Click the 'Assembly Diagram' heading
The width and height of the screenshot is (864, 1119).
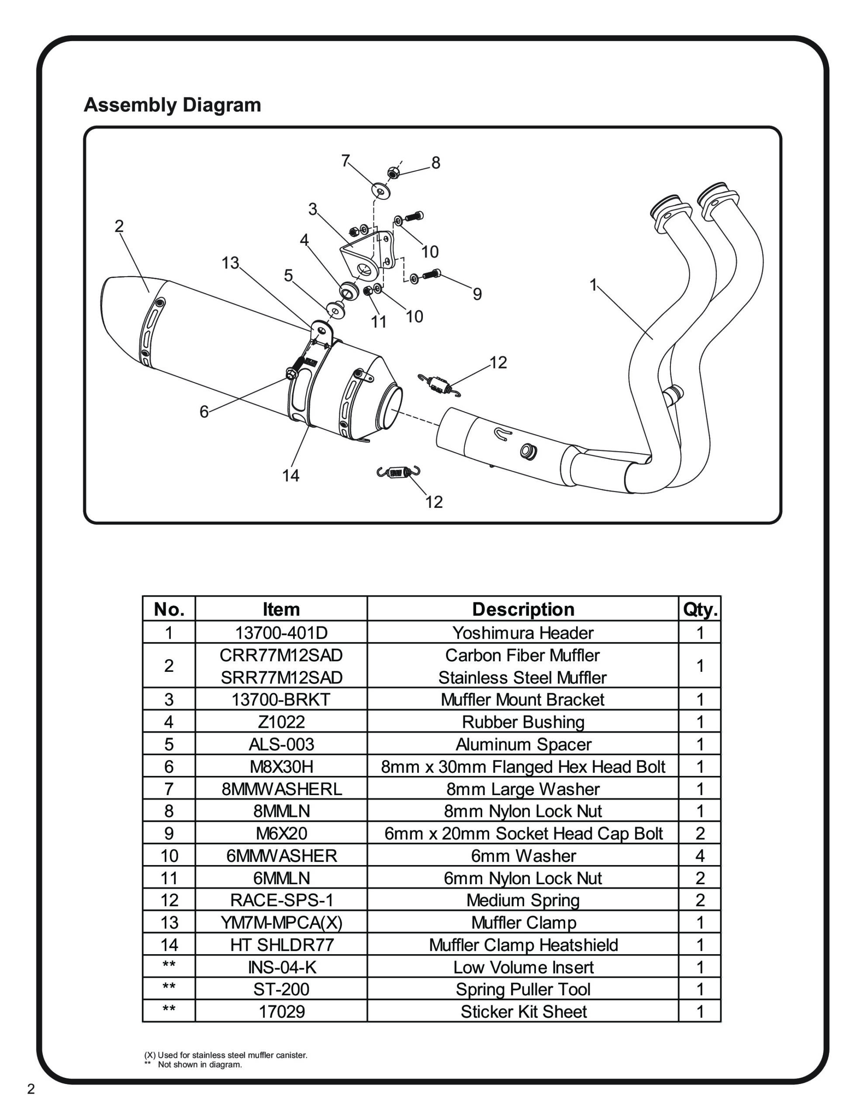point(172,105)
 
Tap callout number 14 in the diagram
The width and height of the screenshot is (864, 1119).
point(290,476)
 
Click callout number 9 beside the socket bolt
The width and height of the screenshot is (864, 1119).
point(477,294)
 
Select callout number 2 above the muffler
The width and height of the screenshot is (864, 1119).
point(119,226)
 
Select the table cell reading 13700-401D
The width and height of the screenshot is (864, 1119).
point(281,633)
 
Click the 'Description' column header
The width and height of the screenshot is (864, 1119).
point(523,609)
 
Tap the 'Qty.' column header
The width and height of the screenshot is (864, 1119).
point(700,609)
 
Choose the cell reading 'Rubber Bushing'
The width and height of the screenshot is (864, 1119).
point(523,722)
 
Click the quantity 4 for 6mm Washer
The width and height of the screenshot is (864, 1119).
point(700,856)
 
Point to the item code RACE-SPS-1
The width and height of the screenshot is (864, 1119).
point(281,900)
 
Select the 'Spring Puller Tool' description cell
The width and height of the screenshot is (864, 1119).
point(523,989)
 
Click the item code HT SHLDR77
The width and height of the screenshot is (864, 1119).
point(281,945)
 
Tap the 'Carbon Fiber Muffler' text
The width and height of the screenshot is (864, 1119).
point(523,655)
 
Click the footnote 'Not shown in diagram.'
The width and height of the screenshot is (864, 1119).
point(200,1065)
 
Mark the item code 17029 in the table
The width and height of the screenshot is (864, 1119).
point(281,1012)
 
